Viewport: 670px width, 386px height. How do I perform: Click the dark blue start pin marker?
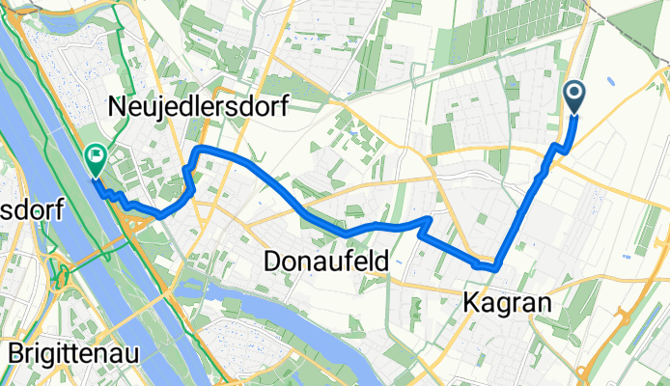(573, 96)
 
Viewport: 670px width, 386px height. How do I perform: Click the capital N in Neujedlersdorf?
(124, 105)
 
